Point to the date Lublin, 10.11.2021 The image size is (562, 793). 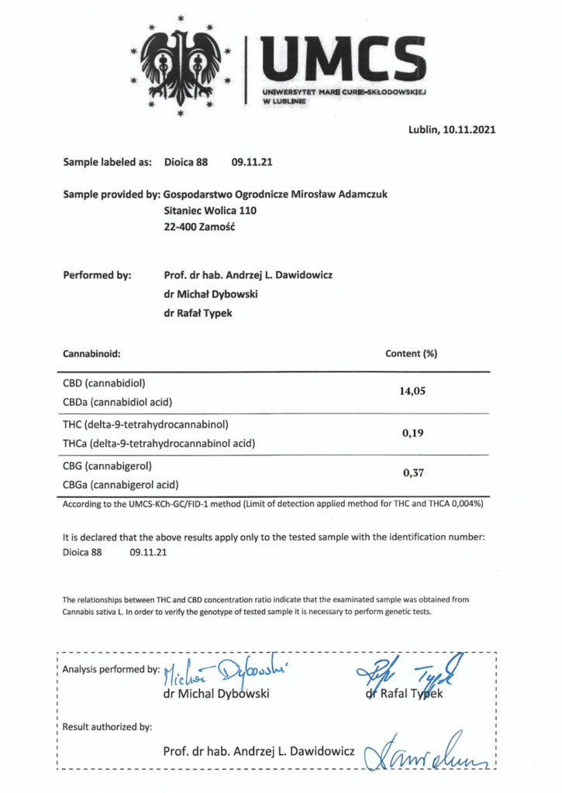(451, 130)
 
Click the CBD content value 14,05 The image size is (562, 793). (412, 391)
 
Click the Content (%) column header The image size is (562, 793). (412, 353)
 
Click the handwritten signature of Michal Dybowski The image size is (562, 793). (220, 672)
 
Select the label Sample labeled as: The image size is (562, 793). (108, 163)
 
